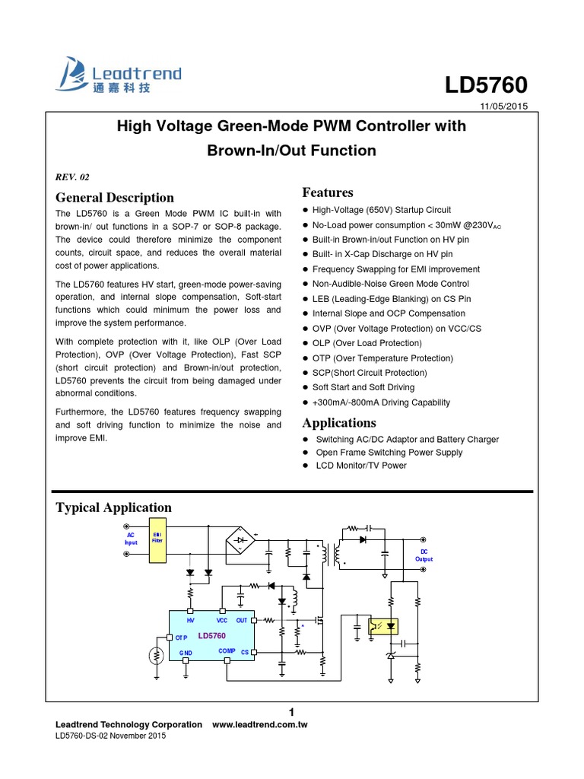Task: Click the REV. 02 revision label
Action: click(73, 177)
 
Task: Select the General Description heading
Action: click(115, 198)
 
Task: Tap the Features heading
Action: click(328, 192)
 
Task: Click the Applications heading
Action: click(339, 422)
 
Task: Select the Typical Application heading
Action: click(114, 507)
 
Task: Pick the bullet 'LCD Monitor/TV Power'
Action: click(361, 465)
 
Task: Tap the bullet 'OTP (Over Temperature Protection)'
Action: click(382, 358)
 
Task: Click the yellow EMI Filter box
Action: click(158, 540)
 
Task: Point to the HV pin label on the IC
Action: click(191, 622)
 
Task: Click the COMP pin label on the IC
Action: click(227, 650)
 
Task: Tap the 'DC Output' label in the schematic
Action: click(424, 554)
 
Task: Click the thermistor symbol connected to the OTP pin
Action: click(156, 655)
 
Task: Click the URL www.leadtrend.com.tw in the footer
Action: click(259, 724)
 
